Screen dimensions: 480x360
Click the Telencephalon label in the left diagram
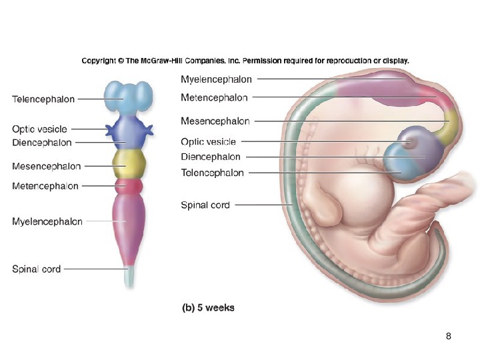click(43, 99)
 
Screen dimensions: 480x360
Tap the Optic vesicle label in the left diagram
click(39, 129)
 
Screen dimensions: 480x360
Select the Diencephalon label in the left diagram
click(41, 143)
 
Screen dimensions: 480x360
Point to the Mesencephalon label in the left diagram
click(47, 165)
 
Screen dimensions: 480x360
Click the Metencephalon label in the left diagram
click(45, 186)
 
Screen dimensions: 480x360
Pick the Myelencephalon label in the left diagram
click(47, 221)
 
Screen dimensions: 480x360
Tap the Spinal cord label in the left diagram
click(37, 269)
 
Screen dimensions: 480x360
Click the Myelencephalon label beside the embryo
click(217, 79)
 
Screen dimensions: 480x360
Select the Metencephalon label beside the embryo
click(214, 98)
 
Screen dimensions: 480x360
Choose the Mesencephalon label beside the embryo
click(215, 121)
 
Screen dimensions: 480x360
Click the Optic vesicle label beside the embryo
click(208, 141)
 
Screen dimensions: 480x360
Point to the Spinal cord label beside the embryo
click(205, 205)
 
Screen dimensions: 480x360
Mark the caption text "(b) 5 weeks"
click(208, 308)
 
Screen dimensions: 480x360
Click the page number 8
click(449, 335)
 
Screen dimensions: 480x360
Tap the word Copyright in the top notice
click(99, 60)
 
